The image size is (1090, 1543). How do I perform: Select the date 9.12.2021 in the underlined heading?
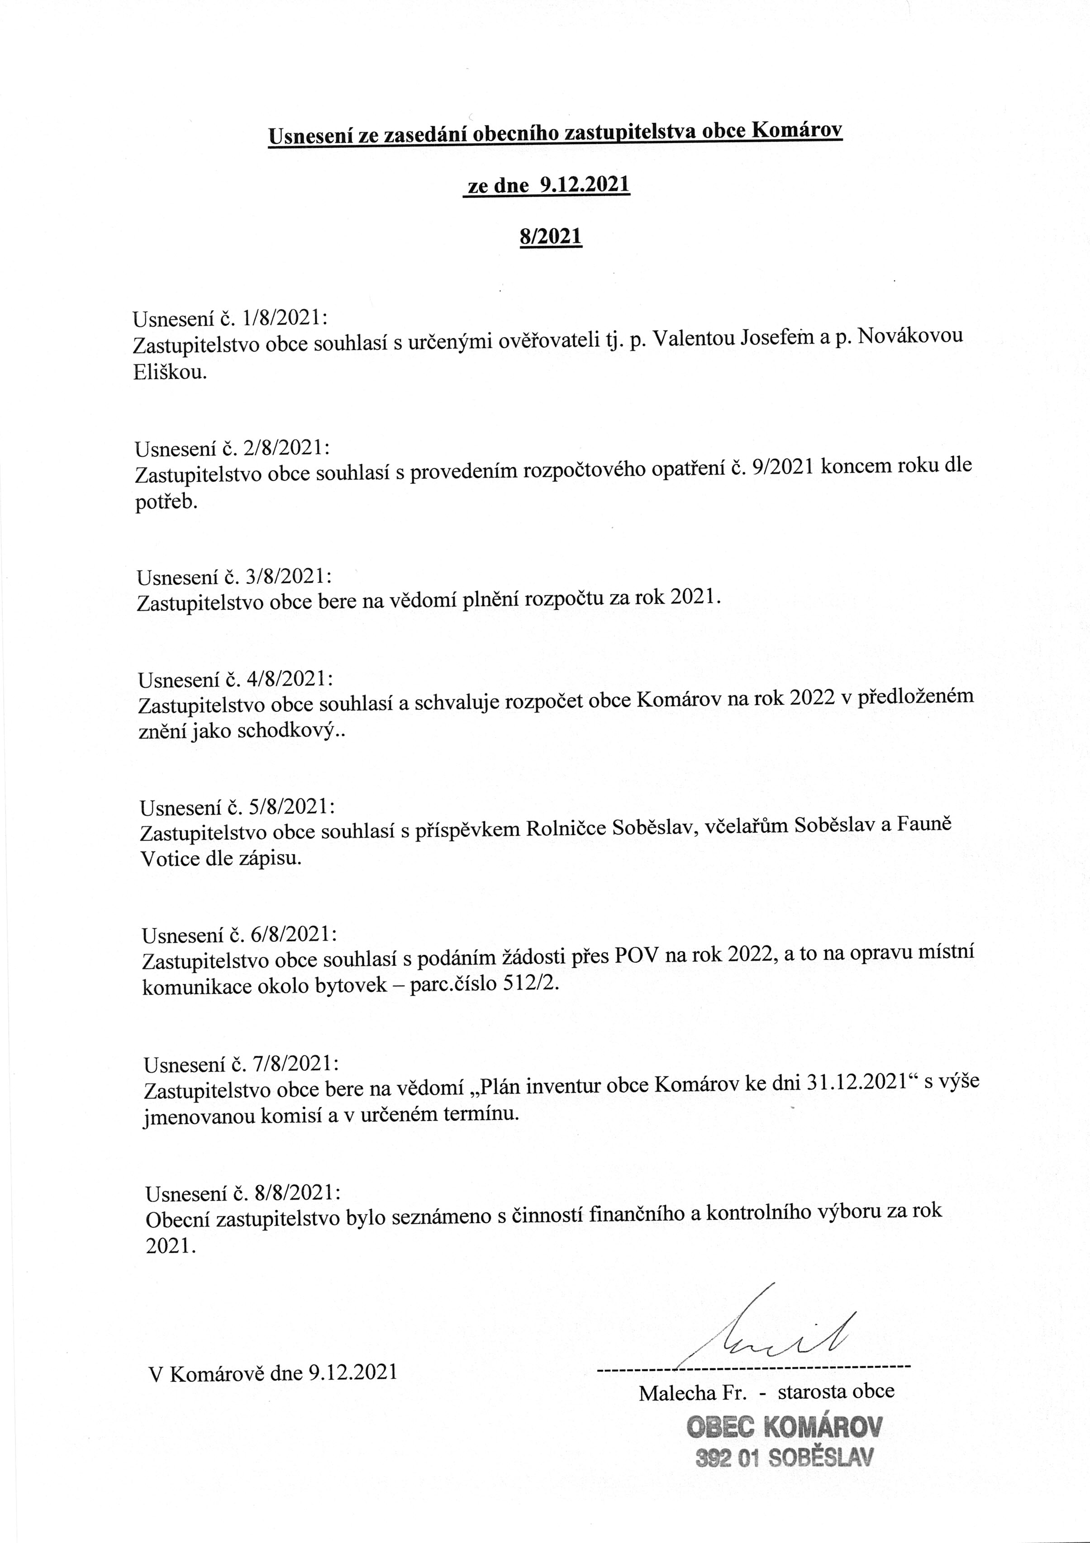(x=584, y=185)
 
